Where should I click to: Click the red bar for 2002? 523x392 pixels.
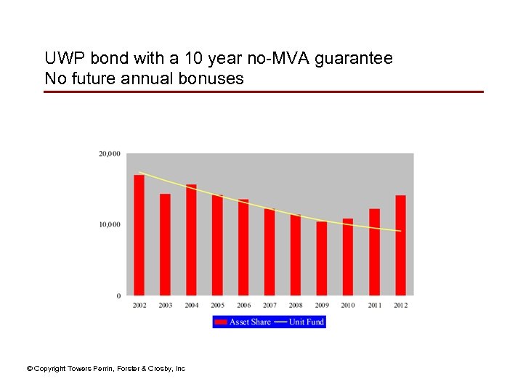[x=139, y=235]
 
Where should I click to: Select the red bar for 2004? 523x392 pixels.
[x=191, y=240]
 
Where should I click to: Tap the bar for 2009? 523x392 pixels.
[x=322, y=258]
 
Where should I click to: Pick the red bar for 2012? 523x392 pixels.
[x=400, y=245]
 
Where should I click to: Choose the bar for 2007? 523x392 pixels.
[x=269, y=252]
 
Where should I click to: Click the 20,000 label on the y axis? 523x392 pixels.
[x=109, y=154]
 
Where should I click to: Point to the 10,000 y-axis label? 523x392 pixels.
[x=109, y=224]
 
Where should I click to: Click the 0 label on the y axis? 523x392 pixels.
[x=118, y=295]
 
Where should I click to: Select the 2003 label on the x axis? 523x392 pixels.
[x=165, y=306]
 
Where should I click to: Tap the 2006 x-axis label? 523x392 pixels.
[x=243, y=306]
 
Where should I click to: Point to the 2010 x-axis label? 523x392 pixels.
[x=348, y=306]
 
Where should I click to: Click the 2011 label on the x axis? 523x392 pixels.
[x=374, y=306]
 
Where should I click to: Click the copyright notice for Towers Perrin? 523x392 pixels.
[x=106, y=369]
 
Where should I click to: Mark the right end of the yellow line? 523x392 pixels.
[x=400, y=231]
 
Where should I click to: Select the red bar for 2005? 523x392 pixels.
[x=217, y=245]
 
